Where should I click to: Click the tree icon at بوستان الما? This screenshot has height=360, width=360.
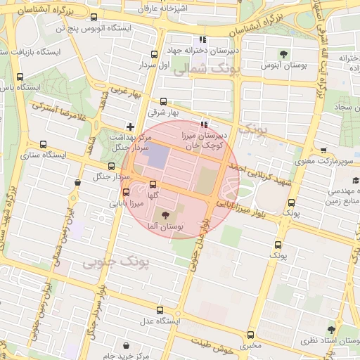pyautogui.click(x=166, y=215)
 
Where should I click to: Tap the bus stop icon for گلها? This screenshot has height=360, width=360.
pyautogui.click(x=153, y=184)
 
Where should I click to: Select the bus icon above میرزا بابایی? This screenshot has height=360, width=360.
pyautogui.click(x=127, y=192)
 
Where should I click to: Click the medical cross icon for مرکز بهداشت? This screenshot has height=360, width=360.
pyautogui.click(x=130, y=126)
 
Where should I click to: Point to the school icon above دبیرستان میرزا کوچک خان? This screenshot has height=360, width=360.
pyautogui.click(x=204, y=124)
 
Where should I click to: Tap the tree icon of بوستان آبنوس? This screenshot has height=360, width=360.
pyautogui.click(x=283, y=54)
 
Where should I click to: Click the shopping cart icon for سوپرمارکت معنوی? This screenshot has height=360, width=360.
pyautogui.click(x=323, y=150)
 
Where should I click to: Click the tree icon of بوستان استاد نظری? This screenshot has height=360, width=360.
pyautogui.click(x=331, y=329)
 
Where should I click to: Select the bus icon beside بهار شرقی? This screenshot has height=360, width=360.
pyautogui.click(x=164, y=101)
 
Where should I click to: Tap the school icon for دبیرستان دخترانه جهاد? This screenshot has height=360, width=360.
pyautogui.click(x=202, y=40)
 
